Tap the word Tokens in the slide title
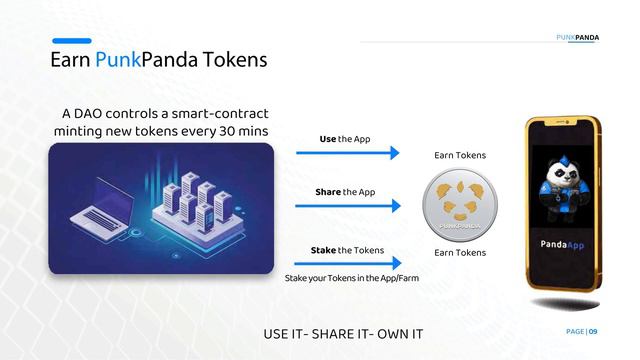tap(232, 60)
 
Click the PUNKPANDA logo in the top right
tap(578, 38)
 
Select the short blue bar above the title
tap(71, 41)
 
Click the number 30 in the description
tap(223, 131)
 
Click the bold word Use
tap(327, 138)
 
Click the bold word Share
tap(329, 191)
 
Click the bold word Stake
tap(323, 250)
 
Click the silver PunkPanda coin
tap(460, 205)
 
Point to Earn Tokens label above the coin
tap(460, 155)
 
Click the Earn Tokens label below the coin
tap(460, 252)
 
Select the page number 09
tap(593, 331)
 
